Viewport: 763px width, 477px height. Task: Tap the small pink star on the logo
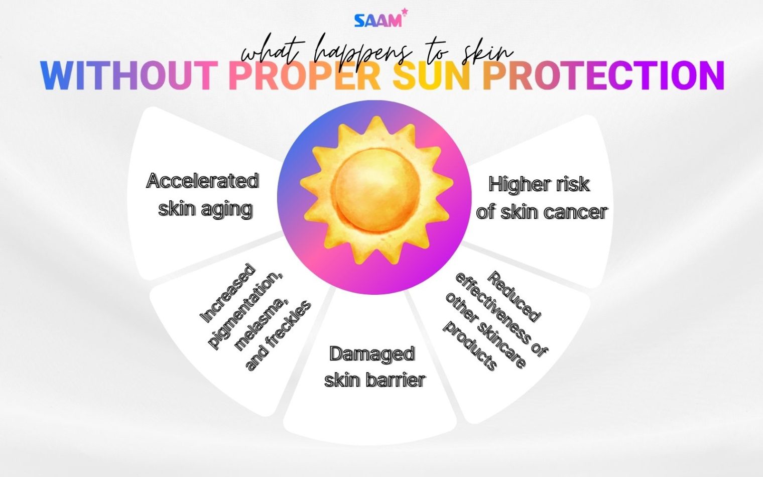pyautogui.click(x=404, y=12)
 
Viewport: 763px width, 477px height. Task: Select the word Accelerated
pyautogui.click(x=202, y=181)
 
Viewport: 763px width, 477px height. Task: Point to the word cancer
pyautogui.click(x=575, y=212)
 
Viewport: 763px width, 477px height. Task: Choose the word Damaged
pyautogui.click(x=372, y=354)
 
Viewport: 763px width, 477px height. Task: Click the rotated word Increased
pyautogui.click(x=227, y=293)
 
